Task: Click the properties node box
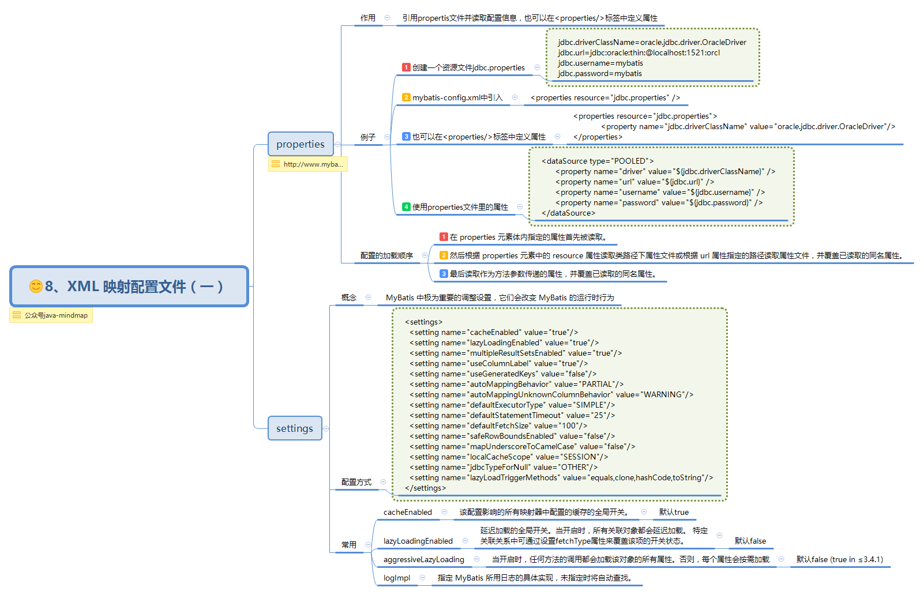(x=301, y=144)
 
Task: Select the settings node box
(x=294, y=428)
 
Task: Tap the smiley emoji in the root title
(x=36, y=287)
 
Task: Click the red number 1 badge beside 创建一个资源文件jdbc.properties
(x=406, y=67)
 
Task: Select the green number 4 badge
(x=406, y=207)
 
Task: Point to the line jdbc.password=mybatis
(x=600, y=74)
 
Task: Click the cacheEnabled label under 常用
(x=407, y=512)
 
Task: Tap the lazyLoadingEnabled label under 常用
(x=418, y=541)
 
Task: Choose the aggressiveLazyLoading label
(x=423, y=559)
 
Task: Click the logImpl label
(x=397, y=578)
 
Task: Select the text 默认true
(x=674, y=512)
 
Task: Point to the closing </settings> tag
(x=425, y=488)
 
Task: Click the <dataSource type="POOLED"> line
(x=598, y=161)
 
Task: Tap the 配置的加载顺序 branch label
(x=386, y=255)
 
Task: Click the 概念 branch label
(x=349, y=297)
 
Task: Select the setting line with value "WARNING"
(x=551, y=395)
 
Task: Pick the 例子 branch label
(x=368, y=137)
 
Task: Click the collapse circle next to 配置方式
(x=383, y=482)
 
